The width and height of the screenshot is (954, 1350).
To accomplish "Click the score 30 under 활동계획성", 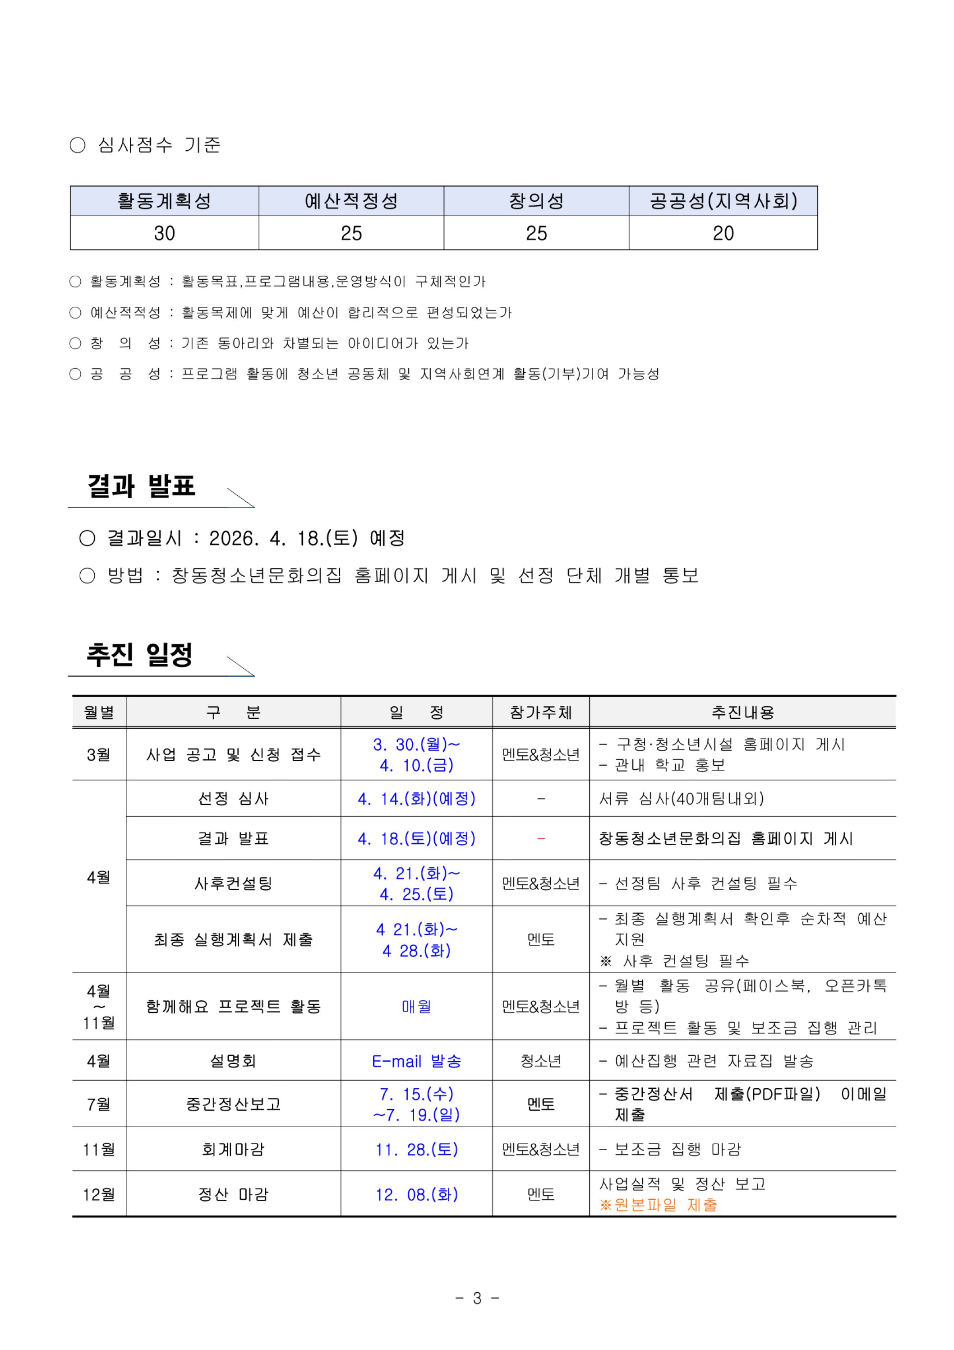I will (164, 233).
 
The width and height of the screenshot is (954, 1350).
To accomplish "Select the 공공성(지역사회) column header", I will (723, 201).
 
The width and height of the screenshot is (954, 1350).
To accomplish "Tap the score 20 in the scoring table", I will (723, 233).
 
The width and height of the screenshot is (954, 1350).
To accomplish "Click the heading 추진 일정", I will (139, 654).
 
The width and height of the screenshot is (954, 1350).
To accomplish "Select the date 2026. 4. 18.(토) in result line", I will (283, 537).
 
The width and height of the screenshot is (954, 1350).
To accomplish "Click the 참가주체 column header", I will (540, 712).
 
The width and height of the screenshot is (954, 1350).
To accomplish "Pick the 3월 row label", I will (98, 754).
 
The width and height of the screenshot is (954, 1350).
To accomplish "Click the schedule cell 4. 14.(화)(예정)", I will (416, 799).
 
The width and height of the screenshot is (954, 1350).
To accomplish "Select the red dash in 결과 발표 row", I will (540, 838).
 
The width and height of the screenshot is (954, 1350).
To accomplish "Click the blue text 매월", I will (416, 1007).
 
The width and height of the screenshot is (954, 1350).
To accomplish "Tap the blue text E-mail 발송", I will (416, 1061).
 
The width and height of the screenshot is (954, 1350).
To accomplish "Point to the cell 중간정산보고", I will (233, 1104).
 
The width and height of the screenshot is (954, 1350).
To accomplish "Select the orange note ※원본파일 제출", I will (659, 1205).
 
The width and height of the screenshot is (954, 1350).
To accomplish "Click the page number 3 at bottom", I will (477, 1298).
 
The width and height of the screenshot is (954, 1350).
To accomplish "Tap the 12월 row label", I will (98, 1194).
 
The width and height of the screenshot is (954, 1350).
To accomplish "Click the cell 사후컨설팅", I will (233, 883).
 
